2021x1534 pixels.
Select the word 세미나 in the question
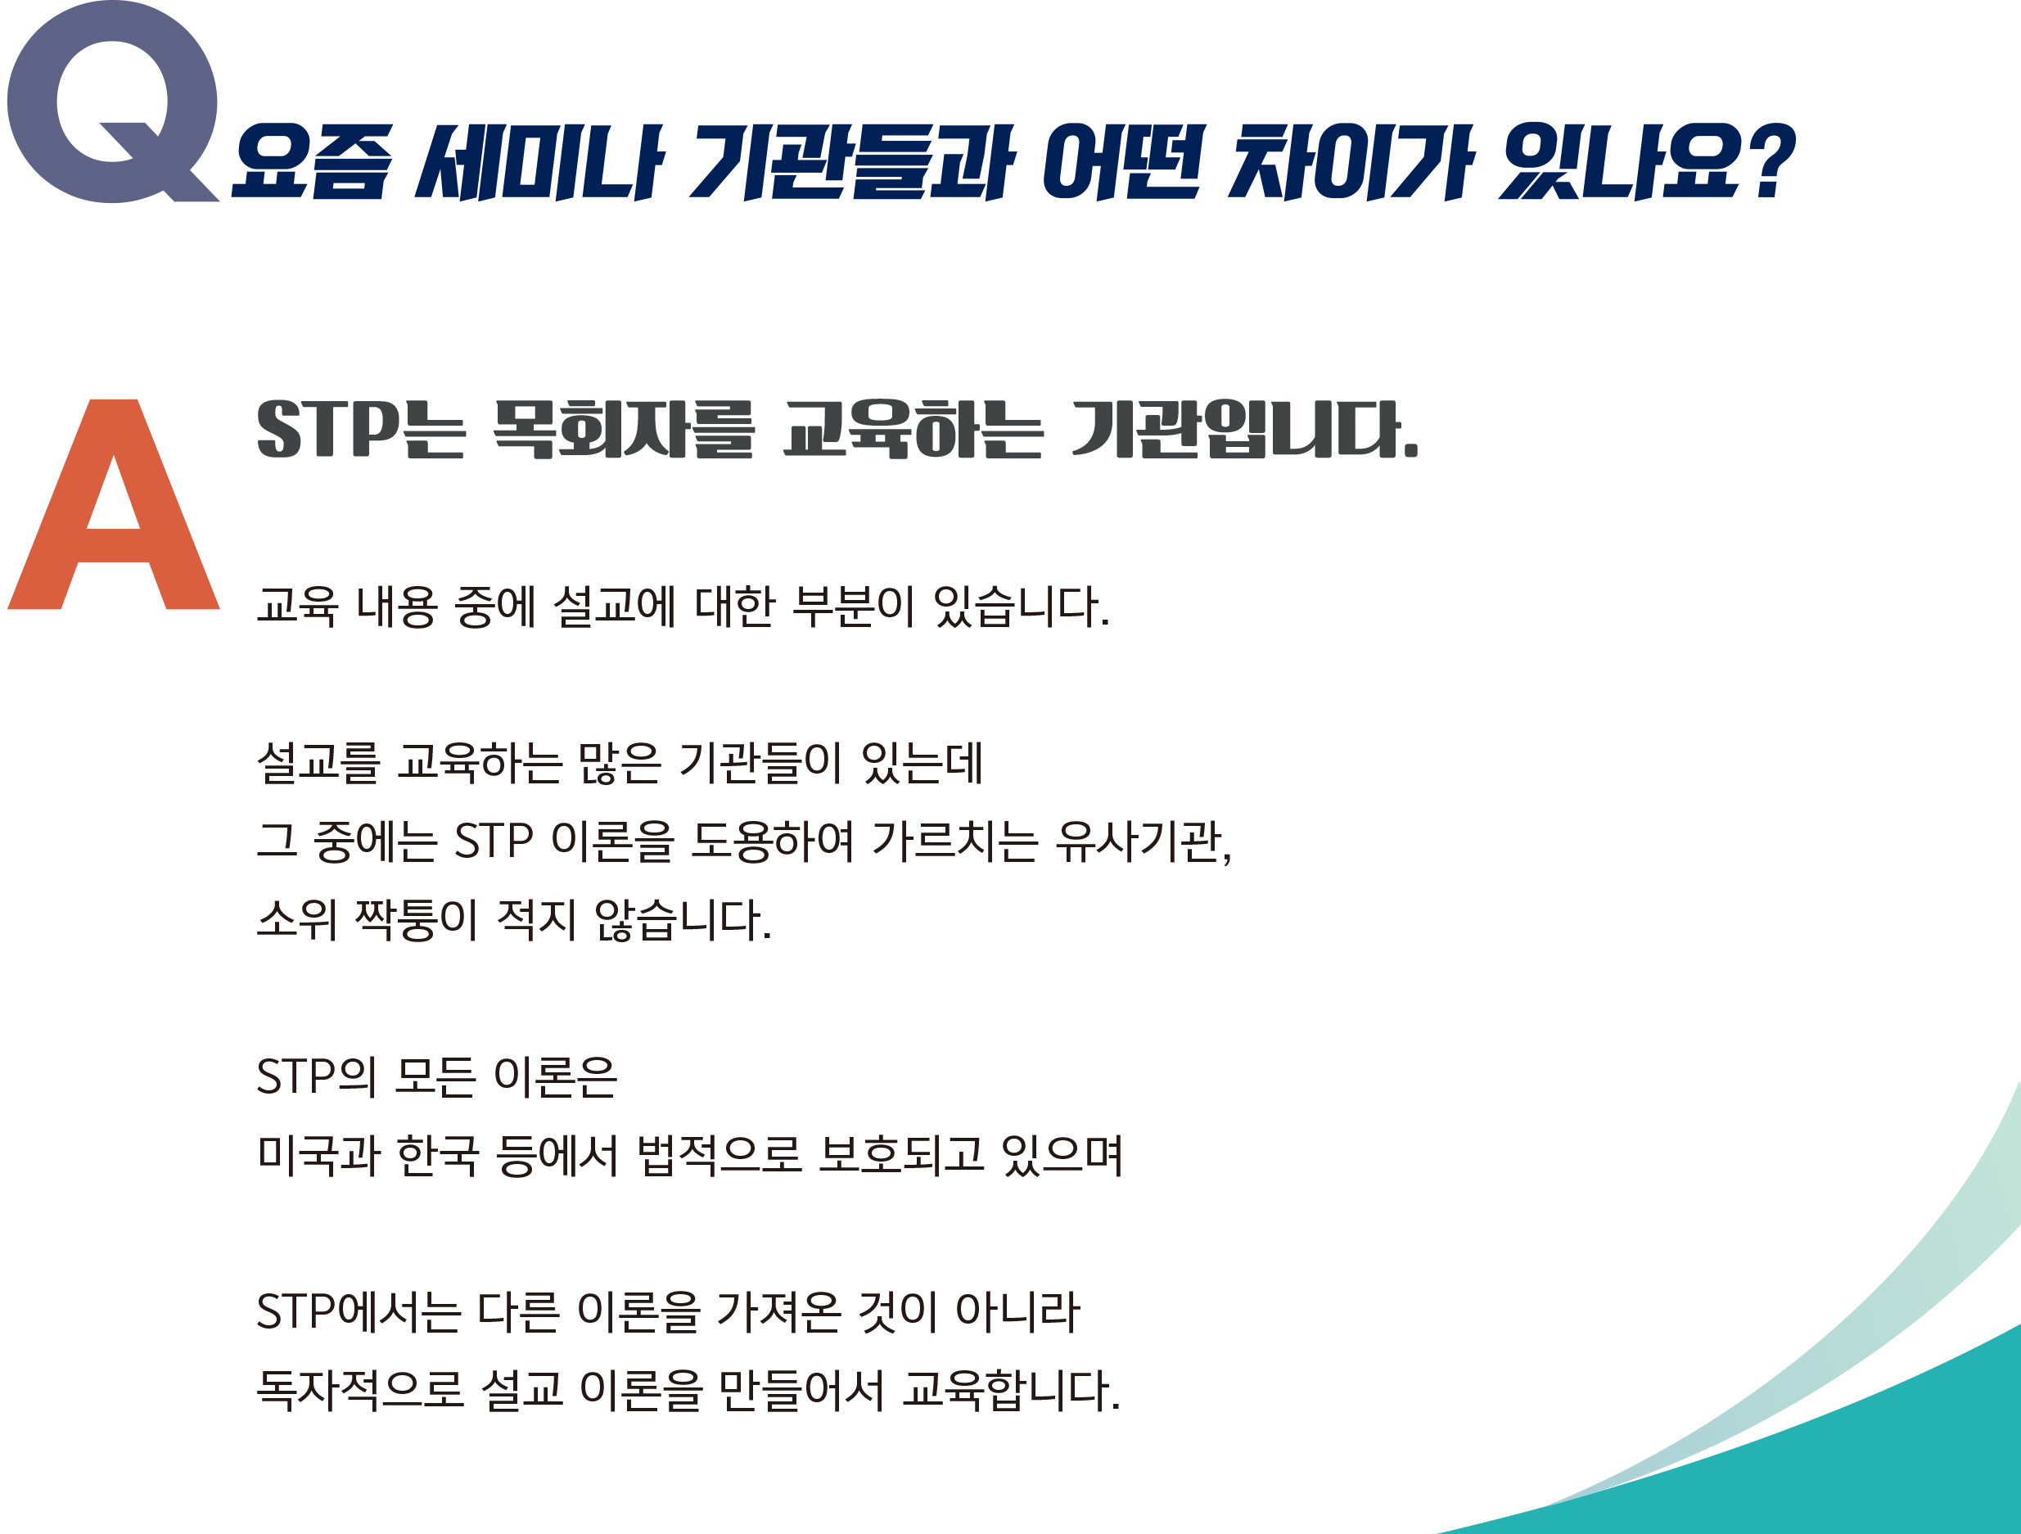coord(539,162)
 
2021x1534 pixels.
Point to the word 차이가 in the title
coord(1348,162)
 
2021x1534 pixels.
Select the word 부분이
coord(852,606)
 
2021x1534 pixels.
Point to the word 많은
coord(619,763)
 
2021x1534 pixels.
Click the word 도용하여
coord(772,841)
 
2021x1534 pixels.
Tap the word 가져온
coord(778,1313)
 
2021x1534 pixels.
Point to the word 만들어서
coord(801,1392)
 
